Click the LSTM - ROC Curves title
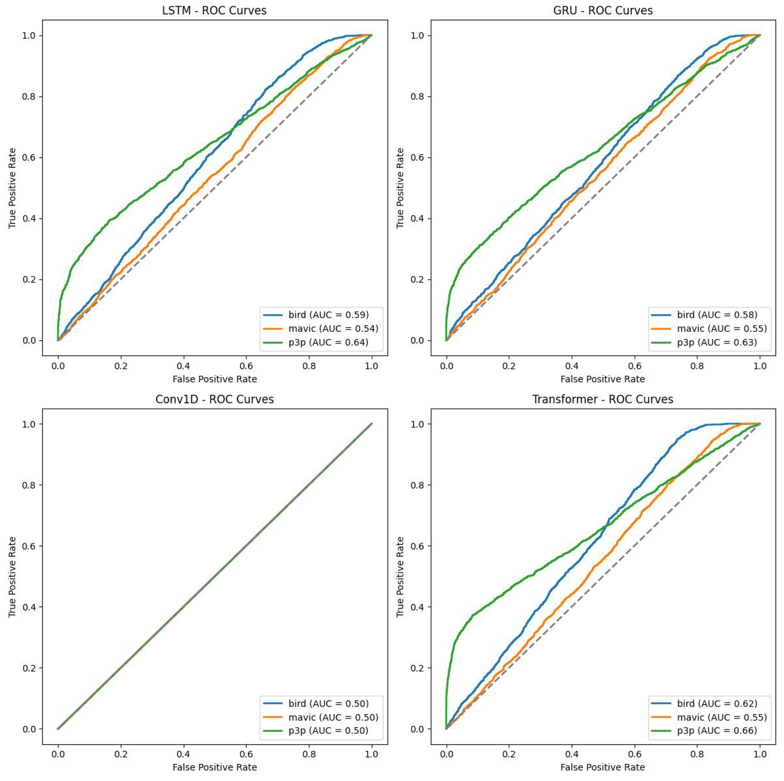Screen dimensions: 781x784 click(x=214, y=10)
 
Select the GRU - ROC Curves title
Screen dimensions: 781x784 click(x=603, y=10)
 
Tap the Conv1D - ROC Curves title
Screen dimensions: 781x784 click(x=214, y=399)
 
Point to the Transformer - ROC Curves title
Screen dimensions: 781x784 click(x=603, y=399)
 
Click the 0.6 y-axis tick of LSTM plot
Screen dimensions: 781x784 click(x=29, y=158)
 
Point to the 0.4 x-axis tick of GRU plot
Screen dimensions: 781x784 click(x=572, y=366)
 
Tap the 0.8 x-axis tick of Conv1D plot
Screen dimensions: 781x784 click(x=309, y=755)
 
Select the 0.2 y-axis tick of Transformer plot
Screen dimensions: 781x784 click(x=418, y=668)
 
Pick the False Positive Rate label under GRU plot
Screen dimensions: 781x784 click(x=603, y=379)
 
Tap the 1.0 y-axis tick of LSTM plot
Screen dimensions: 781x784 click(x=29, y=36)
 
